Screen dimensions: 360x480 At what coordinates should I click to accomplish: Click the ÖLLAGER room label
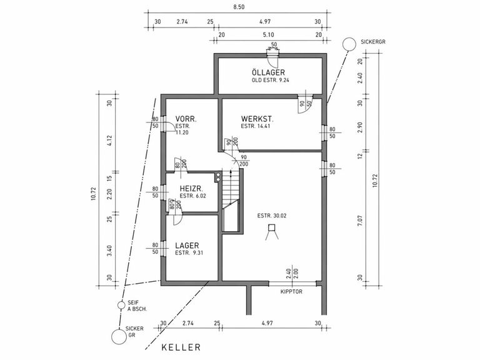[269, 72]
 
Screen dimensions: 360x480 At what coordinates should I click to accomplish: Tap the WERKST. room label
[258, 118]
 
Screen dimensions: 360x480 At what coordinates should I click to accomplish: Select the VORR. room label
[186, 118]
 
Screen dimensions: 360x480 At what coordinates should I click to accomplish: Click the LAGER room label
[188, 246]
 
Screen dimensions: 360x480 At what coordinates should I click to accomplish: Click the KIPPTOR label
[292, 292]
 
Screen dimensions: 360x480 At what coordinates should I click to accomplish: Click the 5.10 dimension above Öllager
[269, 36]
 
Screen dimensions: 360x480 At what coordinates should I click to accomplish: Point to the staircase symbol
[232, 194]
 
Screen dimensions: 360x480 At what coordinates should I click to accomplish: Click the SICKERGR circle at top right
[349, 43]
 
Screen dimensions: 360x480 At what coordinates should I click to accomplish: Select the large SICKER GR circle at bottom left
[118, 336]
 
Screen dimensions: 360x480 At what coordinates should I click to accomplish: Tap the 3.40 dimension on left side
[109, 251]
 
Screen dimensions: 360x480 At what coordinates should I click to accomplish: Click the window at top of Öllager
[272, 56]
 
